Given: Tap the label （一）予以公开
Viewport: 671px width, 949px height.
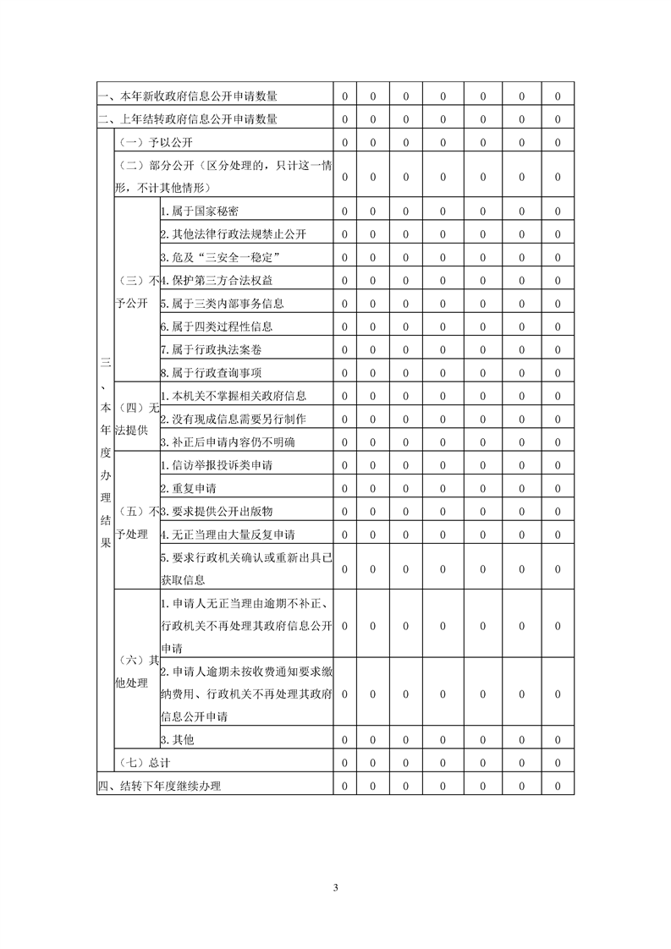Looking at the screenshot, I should pyautogui.click(x=145, y=142).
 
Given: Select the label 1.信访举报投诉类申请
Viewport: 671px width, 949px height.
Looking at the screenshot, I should pyautogui.click(x=216, y=464).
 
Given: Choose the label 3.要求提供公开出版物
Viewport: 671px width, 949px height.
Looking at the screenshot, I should pyautogui.click(x=216, y=511).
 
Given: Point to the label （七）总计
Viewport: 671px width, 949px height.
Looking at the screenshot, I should pyautogui.click(x=140, y=762).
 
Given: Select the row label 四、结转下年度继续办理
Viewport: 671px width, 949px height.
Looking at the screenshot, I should pyautogui.click(x=159, y=786).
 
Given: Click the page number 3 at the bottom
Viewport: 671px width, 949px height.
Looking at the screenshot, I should pyautogui.click(x=336, y=887).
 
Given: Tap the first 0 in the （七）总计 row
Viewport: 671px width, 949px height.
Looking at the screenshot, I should pyautogui.click(x=345, y=762).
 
